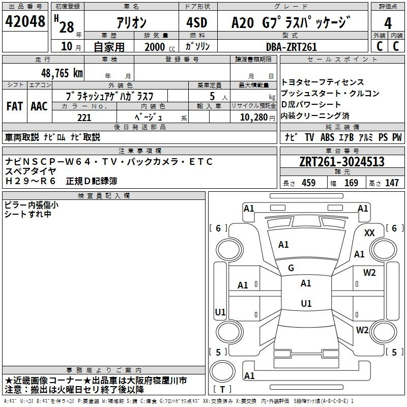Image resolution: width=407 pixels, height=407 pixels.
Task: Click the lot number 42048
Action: click(x=25, y=21)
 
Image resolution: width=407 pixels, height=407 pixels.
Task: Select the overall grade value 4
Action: click(x=388, y=23)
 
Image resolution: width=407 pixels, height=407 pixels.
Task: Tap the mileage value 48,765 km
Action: click(x=62, y=73)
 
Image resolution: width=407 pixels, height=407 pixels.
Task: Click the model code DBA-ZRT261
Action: click(x=292, y=47)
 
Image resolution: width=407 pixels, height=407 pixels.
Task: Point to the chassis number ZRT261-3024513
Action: click(x=342, y=161)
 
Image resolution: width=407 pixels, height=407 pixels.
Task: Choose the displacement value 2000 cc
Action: click(x=160, y=47)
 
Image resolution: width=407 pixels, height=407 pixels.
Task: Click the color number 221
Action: click(x=84, y=118)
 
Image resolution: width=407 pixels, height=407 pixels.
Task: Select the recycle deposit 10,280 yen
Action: click(x=257, y=118)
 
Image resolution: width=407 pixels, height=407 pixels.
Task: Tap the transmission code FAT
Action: click(x=15, y=106)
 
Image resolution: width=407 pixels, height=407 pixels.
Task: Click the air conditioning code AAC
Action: click(x=39, y=106)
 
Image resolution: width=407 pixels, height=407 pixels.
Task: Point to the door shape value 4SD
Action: click(x=197, y=22)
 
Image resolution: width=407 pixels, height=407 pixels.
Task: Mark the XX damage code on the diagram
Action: click(x=369, y=233)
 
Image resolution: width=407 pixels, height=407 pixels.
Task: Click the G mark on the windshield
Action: click(x=291, y=268)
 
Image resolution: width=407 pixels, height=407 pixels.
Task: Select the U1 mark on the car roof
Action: click(x=306, y=303)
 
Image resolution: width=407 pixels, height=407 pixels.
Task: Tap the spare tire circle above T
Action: click(x=222, y=371)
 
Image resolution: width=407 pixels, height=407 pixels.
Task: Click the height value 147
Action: click(x=392, y=183)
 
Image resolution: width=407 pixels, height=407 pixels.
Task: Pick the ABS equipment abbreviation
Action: click(x=327, y=137)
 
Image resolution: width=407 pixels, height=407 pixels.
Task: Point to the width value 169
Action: click(x=351, y=183)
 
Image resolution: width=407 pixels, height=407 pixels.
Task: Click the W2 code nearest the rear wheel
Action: click(x=362, y=330)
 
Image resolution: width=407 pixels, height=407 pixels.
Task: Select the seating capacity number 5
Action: click(x=212, y=96)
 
